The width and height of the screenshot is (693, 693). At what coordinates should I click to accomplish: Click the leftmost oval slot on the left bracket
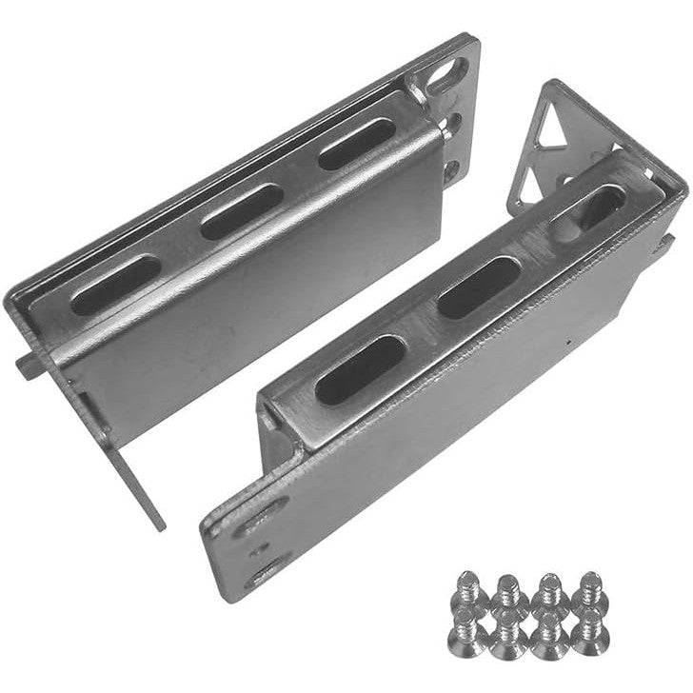tap(116, 285)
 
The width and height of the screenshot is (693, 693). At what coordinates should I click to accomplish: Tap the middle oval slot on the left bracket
tap(242, 210)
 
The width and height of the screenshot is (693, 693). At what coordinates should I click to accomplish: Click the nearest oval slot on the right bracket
tap(361, 369)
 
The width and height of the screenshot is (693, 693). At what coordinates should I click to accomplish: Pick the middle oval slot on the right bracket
tap(478, 287)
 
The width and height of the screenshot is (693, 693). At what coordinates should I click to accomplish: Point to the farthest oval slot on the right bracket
tap(592, 209)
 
